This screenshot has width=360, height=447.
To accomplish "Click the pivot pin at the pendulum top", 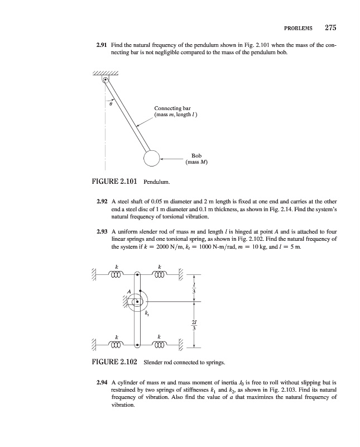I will tap(105, 79).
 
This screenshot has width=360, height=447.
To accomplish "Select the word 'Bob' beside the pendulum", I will tap(196, 156).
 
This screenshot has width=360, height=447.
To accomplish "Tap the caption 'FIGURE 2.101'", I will tap(114, 181).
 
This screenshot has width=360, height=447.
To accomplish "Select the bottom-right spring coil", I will tap(161, 345).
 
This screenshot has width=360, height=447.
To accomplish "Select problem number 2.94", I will tap(103, 383).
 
